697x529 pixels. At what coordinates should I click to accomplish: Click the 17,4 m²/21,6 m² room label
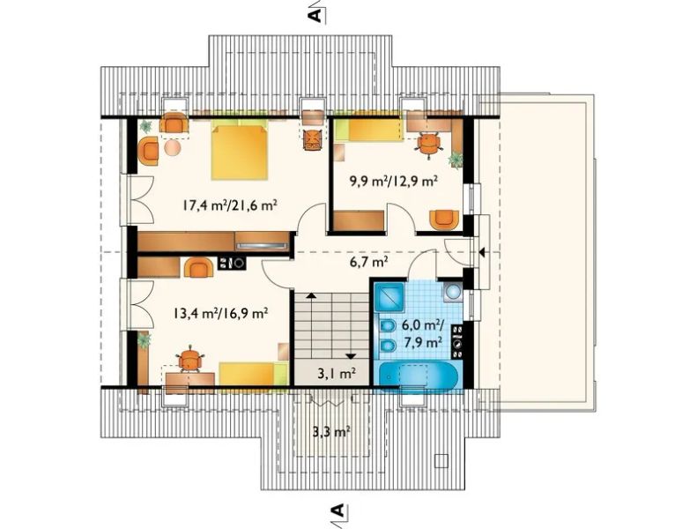coord(229,205)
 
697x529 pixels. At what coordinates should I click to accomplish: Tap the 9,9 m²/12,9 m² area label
coord(393,181)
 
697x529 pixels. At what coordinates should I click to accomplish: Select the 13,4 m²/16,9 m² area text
coord(220,314)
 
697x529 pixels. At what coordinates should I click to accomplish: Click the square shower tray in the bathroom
coord(389,297)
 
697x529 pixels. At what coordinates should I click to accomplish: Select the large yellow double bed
coord(240,153)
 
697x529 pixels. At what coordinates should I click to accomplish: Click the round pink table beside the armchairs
coord(173,147)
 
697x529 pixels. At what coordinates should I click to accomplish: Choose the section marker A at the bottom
coord(337,510)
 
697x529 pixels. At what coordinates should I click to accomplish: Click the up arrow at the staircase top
coord(311,295)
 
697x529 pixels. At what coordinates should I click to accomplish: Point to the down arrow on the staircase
coord(352,355)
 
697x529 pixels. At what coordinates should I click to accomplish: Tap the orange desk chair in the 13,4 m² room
coord(189,358)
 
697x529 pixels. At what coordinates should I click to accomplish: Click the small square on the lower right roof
coord(441,460)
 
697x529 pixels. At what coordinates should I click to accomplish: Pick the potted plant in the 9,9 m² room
coord(456,159)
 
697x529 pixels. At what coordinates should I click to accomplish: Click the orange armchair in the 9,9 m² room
coord(444,220)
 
